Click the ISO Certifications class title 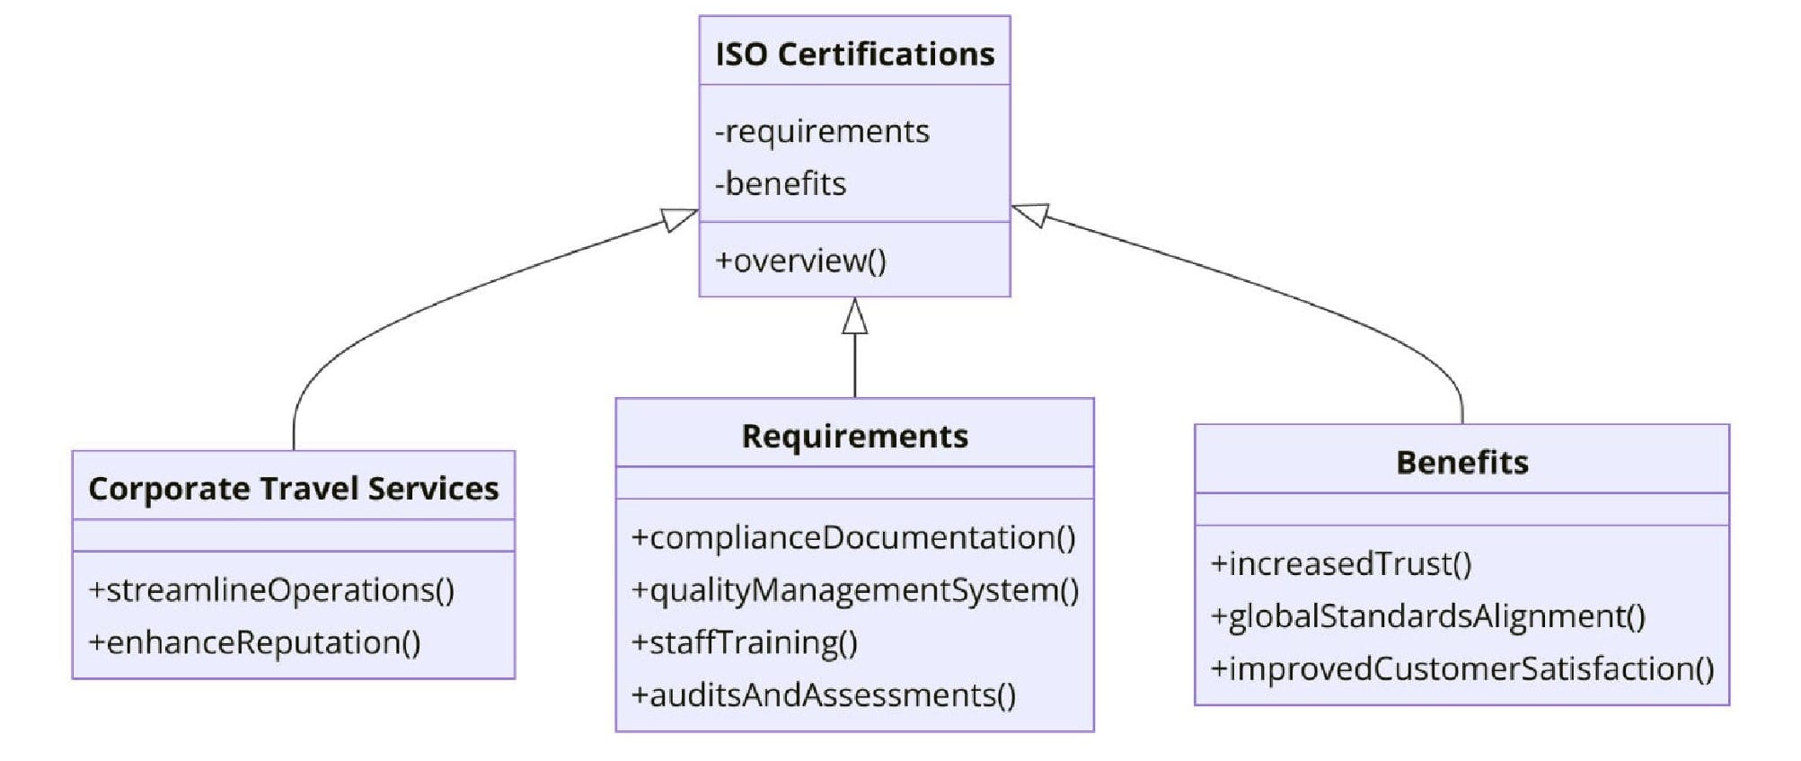coord(854,54)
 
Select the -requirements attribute coord(822,131)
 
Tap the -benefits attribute coord(781,183)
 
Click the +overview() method coord(800,261)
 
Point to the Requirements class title coord(854,436)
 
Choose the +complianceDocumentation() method coord(853,537)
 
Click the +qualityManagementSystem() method coord(855,590)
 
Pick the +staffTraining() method coord(745,642)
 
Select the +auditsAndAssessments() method coord(824,695)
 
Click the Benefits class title coord(1461,462)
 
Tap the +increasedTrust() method coord(1341,563)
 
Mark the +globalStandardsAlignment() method coord(1428,616)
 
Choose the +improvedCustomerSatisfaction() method coord(1462,668)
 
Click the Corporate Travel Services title coord(293,488)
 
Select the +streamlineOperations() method coord(271,590)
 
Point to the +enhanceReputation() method coord(254,642)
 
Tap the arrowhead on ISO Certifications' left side coord(678,218)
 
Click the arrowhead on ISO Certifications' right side coord(1031,214)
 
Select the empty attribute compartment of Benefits coord(1461,509)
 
